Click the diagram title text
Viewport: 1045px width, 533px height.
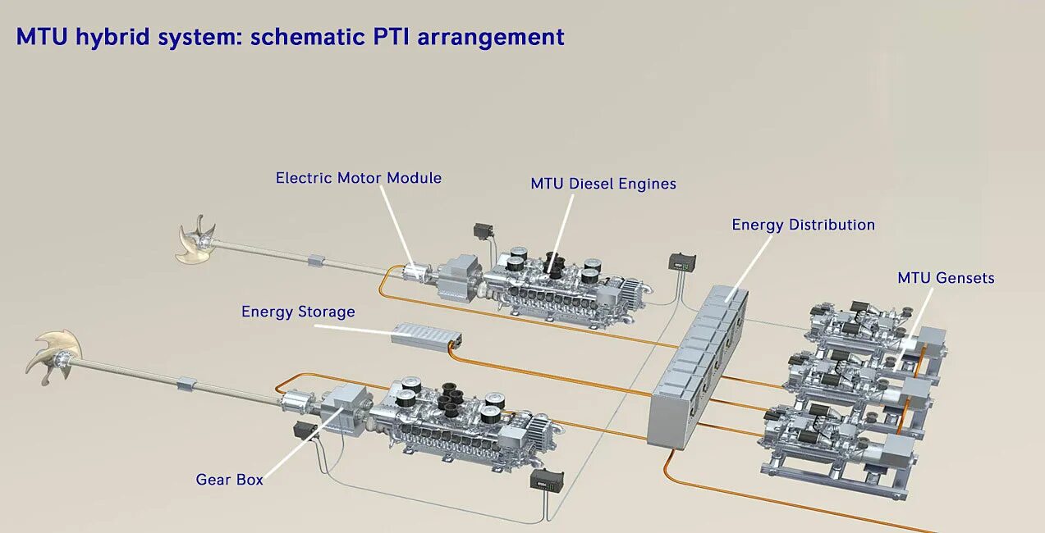click(290, 37)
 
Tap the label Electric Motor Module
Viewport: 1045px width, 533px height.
click(358, 178)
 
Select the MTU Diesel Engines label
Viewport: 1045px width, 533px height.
click(603, 184)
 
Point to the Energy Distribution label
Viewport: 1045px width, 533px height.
click(803, 225)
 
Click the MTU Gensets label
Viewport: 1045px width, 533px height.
click(946, 278)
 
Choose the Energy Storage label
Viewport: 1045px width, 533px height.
click(298, 312)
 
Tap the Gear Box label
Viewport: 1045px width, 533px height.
click(229, 480)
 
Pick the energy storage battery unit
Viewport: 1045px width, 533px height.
click(426, 335)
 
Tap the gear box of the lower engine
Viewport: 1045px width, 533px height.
click(346, 404)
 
